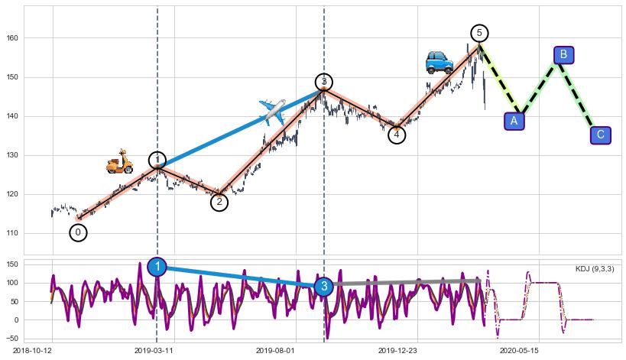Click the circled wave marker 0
78,232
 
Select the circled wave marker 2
219,202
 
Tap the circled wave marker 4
397,135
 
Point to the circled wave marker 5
479,33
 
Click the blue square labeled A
514,121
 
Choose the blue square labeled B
563,54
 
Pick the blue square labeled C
601,135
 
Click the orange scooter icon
118,161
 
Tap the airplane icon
272,112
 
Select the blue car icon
439,62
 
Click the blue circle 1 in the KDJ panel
157,266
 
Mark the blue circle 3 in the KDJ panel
323,287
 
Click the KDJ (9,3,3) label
594,269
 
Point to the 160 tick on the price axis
14,38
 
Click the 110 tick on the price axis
14,233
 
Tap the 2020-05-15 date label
520,350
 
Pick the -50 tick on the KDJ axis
13,338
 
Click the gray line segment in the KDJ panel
405,283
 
